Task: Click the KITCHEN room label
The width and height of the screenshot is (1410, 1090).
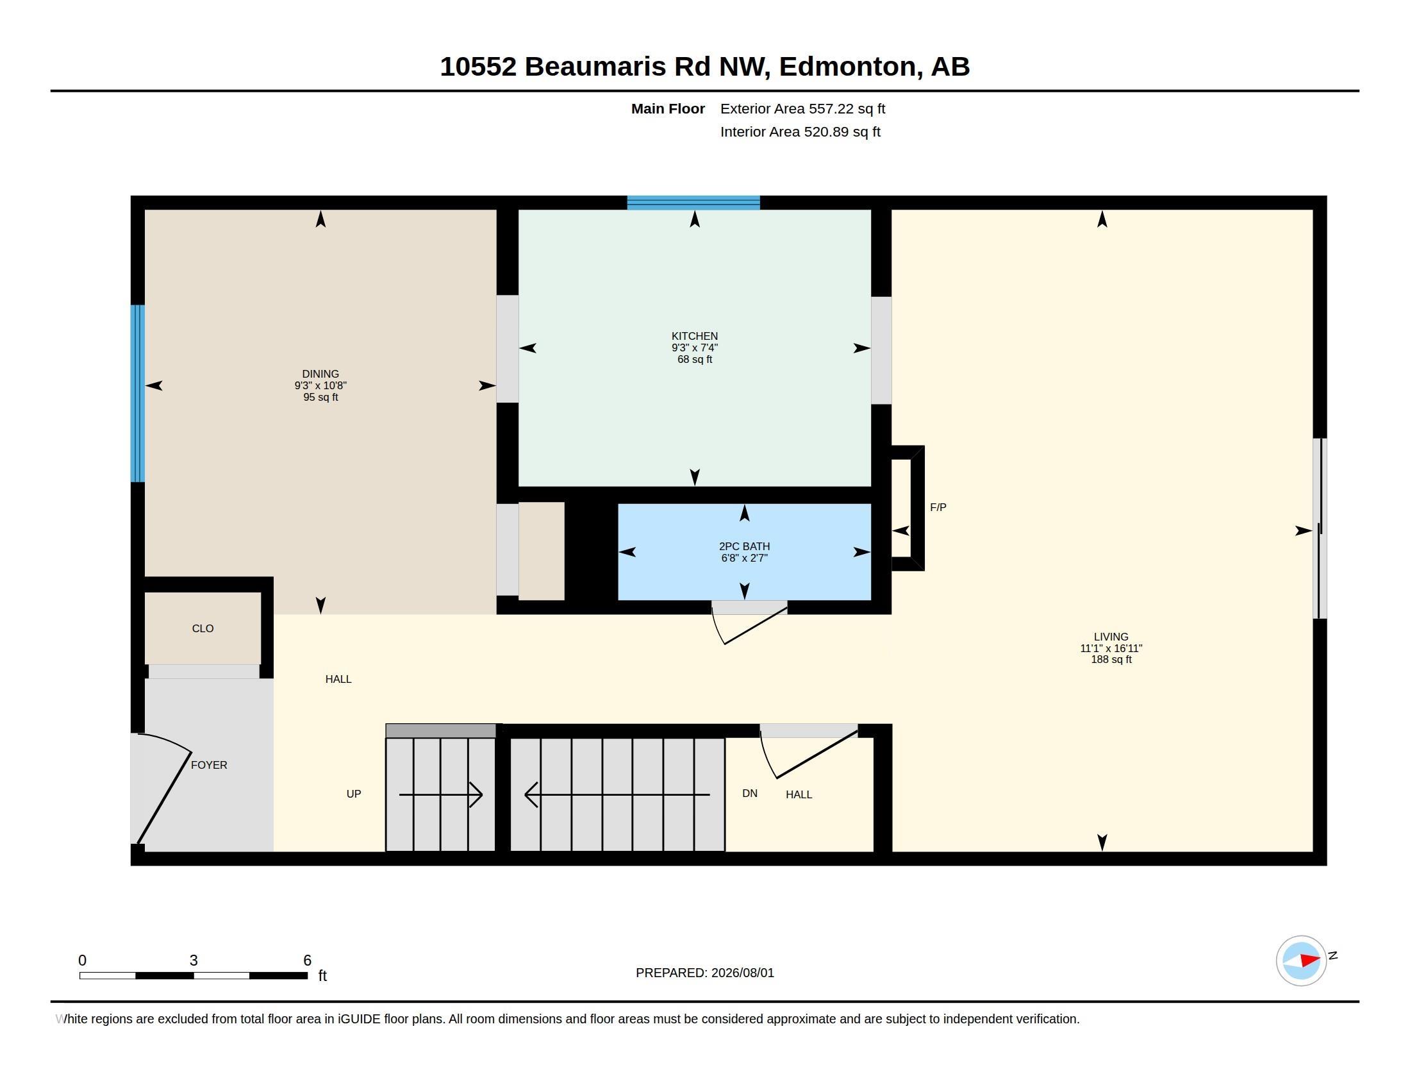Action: coord(695,336)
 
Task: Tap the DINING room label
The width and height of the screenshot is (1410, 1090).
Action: coord(320,374)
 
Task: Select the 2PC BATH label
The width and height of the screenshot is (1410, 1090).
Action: coord(744,546)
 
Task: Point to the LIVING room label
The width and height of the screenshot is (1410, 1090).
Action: coord(1111,637)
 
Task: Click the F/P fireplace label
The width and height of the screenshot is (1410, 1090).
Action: coord(938,508)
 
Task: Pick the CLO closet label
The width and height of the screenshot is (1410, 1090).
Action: coord(203,628)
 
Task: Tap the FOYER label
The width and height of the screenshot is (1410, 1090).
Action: coord(209,765)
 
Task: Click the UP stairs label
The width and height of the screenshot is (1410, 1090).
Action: coord(354,794)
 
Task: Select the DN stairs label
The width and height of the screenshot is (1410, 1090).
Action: coord(750,794)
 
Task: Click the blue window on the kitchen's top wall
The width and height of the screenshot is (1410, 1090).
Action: coord(693,203)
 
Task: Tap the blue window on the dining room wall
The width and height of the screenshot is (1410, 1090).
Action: coord(138,393)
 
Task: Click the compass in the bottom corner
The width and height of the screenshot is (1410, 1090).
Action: coord(1301,960)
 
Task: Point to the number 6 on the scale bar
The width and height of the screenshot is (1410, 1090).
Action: coord(307,960)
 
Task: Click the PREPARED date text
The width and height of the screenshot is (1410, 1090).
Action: coord(705,973)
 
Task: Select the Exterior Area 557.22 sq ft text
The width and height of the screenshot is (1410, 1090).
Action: coord(802,108)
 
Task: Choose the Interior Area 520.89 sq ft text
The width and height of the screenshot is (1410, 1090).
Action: coord(800,131)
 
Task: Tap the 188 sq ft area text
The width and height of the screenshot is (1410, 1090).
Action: coord(1111,659)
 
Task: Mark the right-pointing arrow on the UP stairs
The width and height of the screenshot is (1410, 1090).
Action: coord(441,794)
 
